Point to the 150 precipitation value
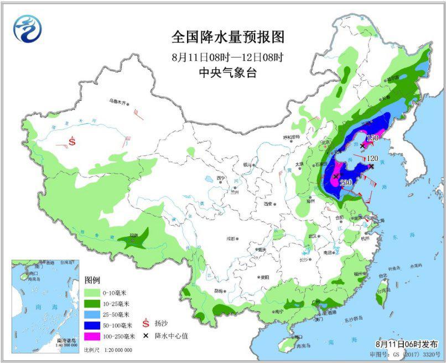[373, 138]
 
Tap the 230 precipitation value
[346, 183]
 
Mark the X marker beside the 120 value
[371, 166]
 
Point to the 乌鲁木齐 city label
[117, 102]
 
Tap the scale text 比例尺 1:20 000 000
[108, 350]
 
